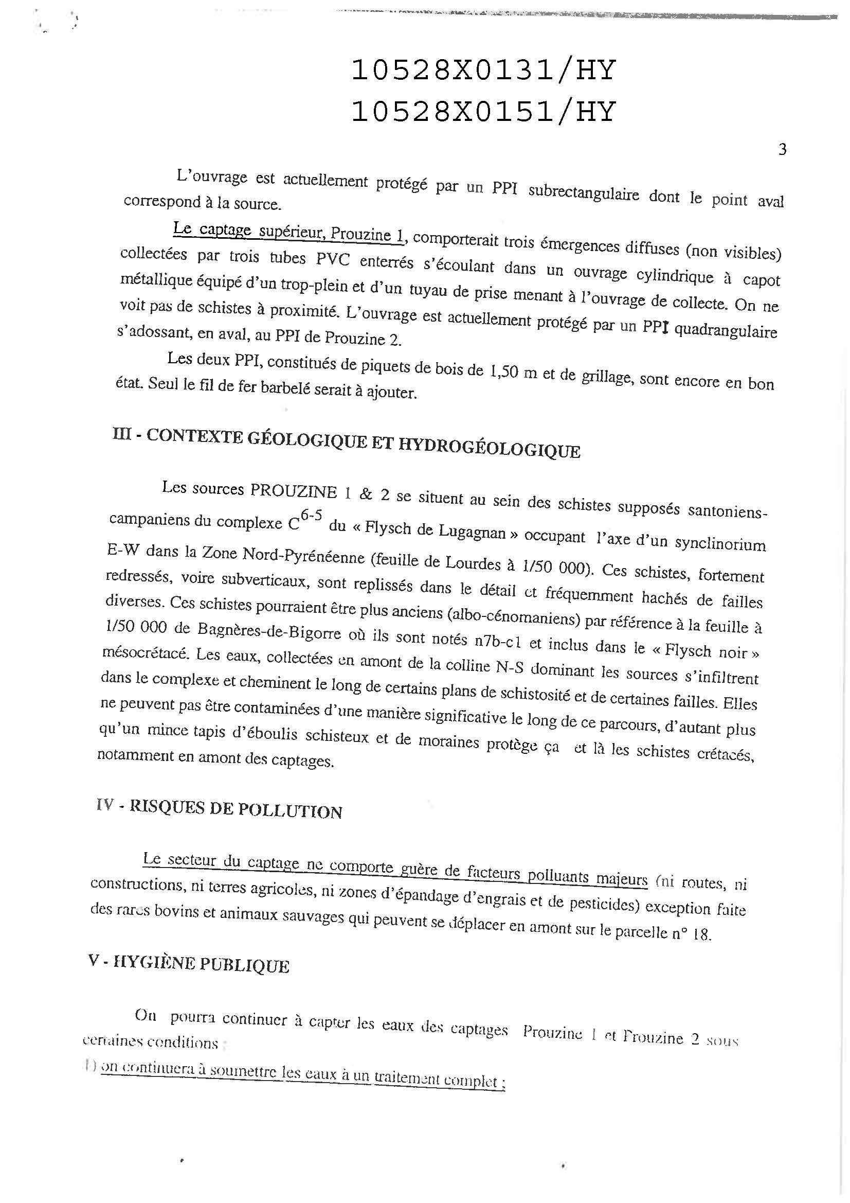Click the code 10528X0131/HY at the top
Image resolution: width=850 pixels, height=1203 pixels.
[x=482, y=70]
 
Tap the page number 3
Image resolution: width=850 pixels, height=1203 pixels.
[x=782, y=150]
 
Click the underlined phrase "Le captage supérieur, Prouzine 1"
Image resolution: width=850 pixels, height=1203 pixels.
[x=289, y=232]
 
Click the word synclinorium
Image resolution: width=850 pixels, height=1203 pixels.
[x=720, y=544]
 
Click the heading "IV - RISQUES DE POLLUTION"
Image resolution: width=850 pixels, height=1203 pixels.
[x=220, y=809]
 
